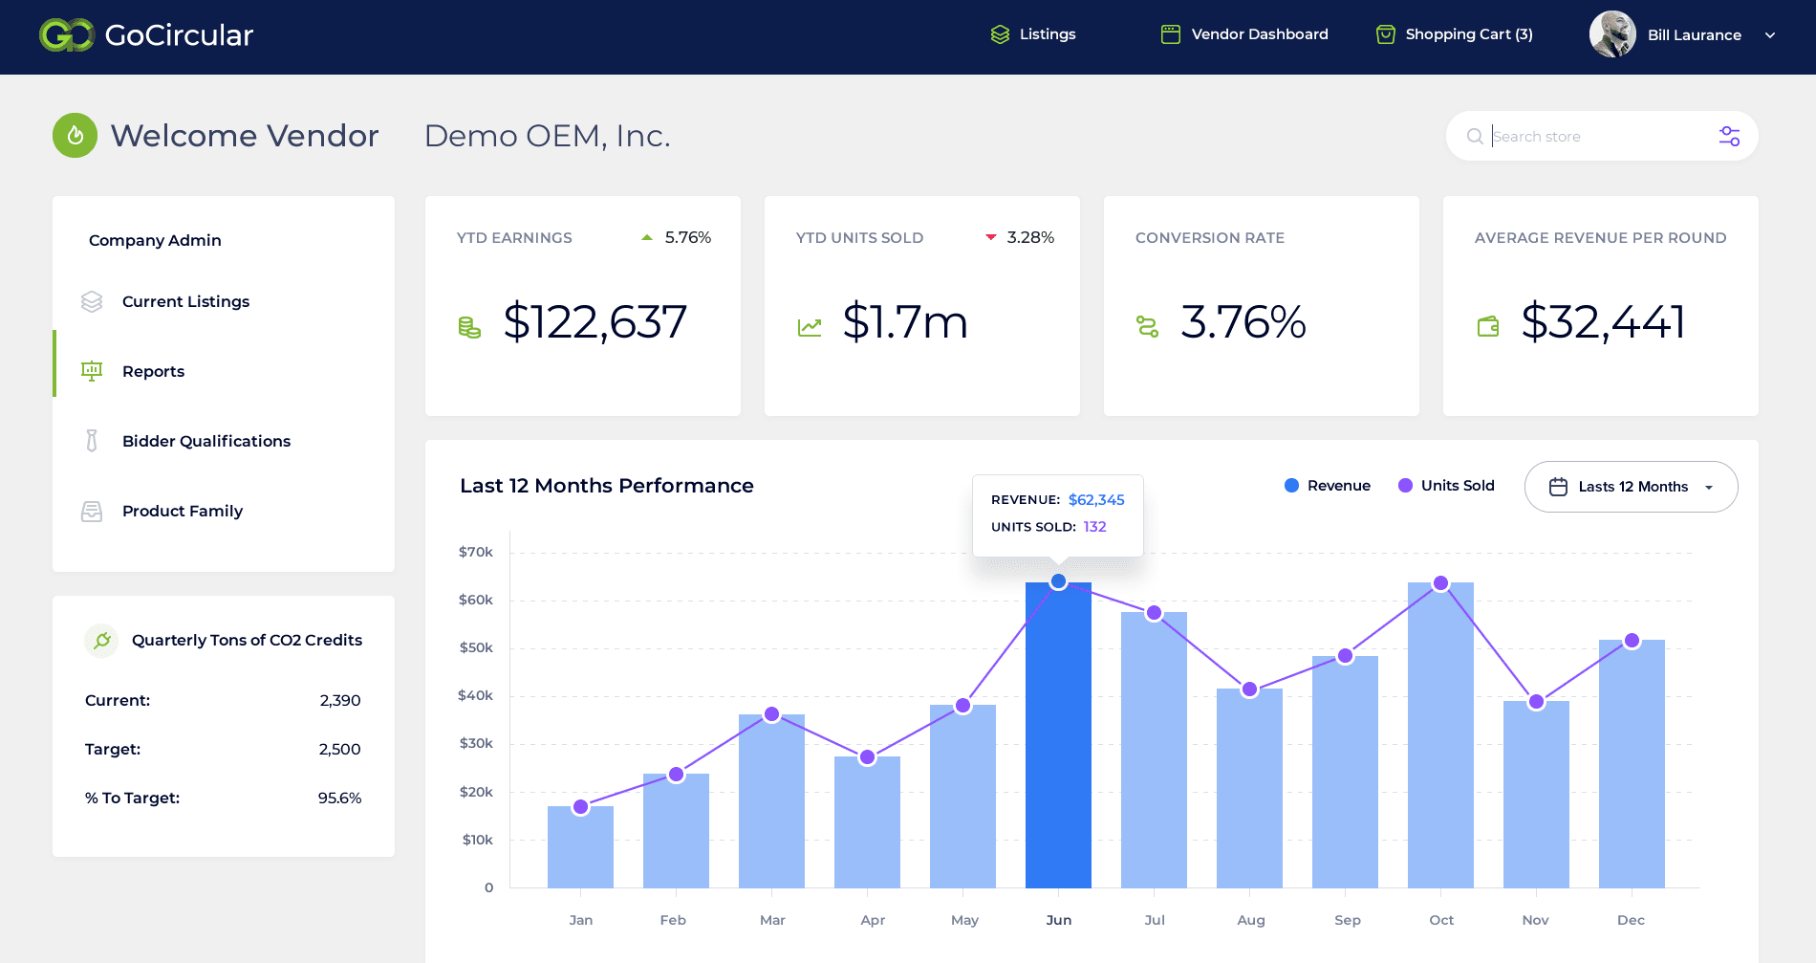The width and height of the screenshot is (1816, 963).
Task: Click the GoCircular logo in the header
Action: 145,35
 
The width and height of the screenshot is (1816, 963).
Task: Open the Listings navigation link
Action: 1033,34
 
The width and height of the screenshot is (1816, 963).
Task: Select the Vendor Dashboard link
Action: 1244,34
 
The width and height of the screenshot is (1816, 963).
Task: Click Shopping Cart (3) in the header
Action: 1455,34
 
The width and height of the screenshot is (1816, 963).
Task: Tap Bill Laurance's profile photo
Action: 1612,34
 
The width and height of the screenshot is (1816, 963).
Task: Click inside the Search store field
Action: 1596,137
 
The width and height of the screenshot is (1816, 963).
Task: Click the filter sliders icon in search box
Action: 1729,137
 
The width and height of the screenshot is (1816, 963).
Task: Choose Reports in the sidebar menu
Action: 153,371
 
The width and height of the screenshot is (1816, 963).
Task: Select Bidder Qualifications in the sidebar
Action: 205,441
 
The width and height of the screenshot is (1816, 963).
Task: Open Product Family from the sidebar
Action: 182,511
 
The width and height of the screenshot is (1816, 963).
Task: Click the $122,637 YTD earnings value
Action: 595,322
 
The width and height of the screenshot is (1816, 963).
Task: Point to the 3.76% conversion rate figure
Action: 1243,322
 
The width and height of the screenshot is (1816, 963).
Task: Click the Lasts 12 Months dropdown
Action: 1631,487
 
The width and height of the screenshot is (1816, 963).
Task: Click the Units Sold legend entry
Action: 1446,486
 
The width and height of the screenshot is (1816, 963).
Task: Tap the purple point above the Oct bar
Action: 1440,583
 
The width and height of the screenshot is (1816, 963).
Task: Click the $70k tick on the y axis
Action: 475,552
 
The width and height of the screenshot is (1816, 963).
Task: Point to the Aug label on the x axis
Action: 1250,920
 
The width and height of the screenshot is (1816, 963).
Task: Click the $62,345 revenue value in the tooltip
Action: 1096,500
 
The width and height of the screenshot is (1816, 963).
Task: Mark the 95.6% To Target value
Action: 339,798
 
